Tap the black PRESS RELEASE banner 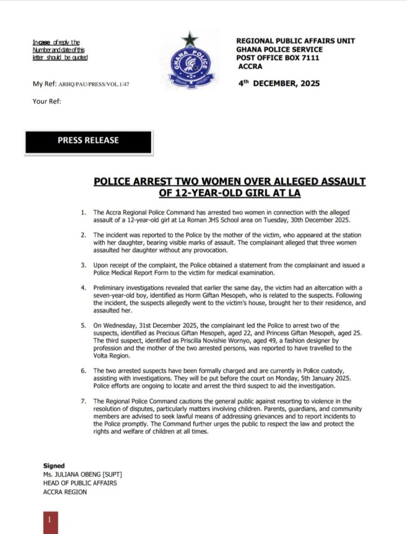click(88, 140)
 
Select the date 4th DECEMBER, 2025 click(279, 83)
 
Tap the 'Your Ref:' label click(46, 101)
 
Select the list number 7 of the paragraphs click(84, 401)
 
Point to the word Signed click(54, 465)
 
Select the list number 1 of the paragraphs click(84, 212)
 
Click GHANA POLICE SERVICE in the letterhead click(279, 50)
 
